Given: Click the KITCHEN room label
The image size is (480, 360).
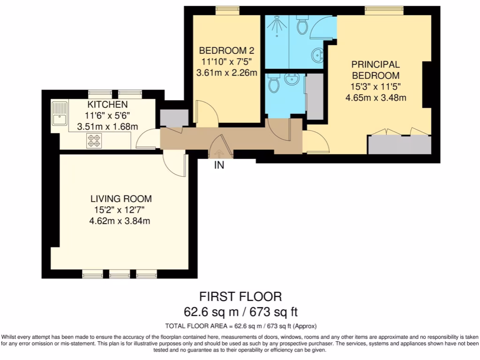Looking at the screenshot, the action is [107, 105].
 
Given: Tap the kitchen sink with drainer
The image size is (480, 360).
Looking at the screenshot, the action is [60, 113].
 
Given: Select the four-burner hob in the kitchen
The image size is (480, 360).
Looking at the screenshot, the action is [94, 141].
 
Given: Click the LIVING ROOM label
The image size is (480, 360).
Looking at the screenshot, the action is [121, 199].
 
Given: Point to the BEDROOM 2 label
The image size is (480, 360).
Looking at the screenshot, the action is [226, 50].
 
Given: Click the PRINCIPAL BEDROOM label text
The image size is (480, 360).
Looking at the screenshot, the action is [375, 70].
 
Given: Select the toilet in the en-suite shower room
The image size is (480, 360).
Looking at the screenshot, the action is [302, 25].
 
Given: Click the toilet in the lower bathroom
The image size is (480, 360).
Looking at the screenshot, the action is [273, 83].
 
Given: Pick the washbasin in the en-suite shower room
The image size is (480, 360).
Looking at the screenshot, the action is [317, 55].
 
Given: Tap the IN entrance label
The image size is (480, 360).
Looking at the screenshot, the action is [219, 165].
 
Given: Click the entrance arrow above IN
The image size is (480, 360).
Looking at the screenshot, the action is [219, 153].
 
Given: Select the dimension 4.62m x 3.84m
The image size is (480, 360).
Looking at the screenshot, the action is [120, 221].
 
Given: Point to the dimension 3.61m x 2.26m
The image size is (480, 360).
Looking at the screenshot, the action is [226, 73].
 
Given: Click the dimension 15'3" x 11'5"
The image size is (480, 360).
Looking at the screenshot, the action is [375, 87].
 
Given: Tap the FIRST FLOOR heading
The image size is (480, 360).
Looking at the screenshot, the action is [240, 297].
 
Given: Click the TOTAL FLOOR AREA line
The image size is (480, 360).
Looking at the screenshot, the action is [241, 326].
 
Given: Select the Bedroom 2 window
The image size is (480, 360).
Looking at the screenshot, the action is [227, 10].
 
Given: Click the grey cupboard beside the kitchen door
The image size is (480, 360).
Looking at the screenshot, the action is [174, 118].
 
